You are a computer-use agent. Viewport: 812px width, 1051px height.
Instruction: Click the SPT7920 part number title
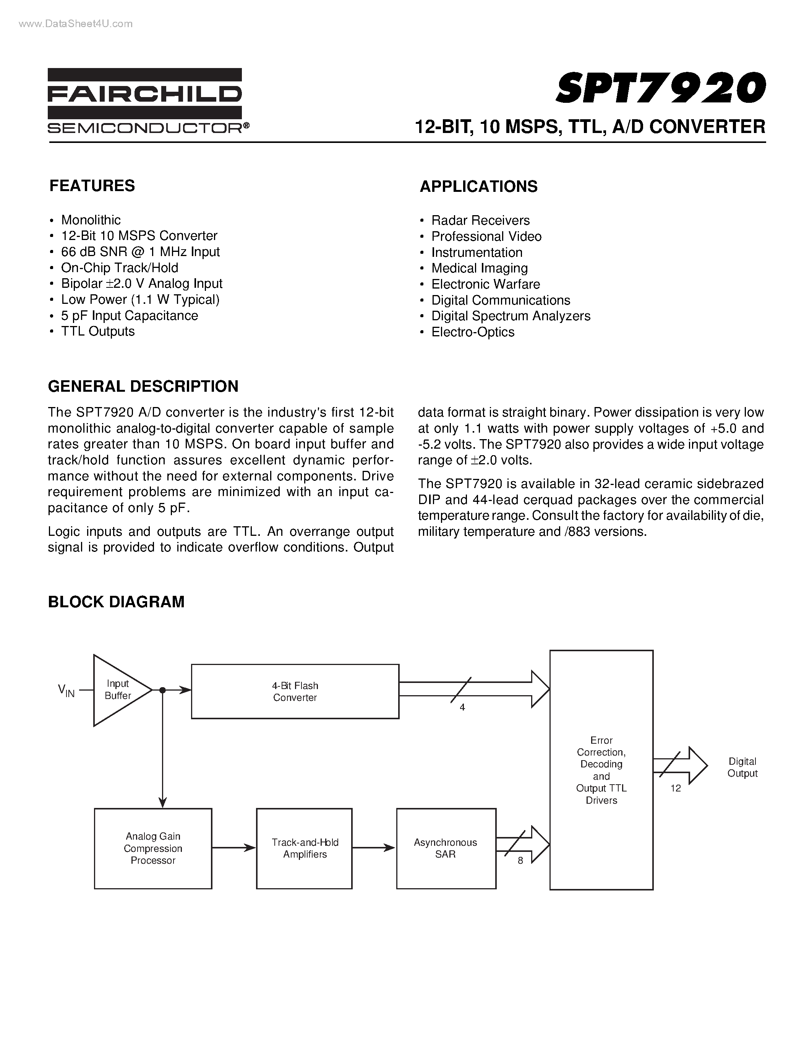pos(660,88)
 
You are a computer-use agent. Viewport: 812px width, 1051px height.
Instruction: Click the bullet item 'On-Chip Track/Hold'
pos(119,268)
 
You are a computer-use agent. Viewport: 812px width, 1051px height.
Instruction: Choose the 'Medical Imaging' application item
pos(479,268)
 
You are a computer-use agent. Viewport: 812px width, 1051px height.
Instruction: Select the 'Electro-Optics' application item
pos(472,332)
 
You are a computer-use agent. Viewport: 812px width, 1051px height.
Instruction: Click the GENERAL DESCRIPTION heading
pos(143,386)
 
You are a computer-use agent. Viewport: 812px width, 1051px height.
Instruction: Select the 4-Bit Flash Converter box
pos(295,691)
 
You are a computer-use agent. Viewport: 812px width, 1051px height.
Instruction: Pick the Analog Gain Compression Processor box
pos(153,848)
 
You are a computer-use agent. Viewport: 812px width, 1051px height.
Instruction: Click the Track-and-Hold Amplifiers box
pos(304,848)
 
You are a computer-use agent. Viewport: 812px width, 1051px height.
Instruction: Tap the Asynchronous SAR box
pos(446,848)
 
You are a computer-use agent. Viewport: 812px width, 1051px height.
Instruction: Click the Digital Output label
pos(742,767)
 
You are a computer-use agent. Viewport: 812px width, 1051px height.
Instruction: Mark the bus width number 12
pos(675,788)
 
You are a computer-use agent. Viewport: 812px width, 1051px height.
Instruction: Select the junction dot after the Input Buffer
pos(163,690)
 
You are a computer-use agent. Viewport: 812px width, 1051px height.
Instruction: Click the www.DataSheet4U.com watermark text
pos(76,24)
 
